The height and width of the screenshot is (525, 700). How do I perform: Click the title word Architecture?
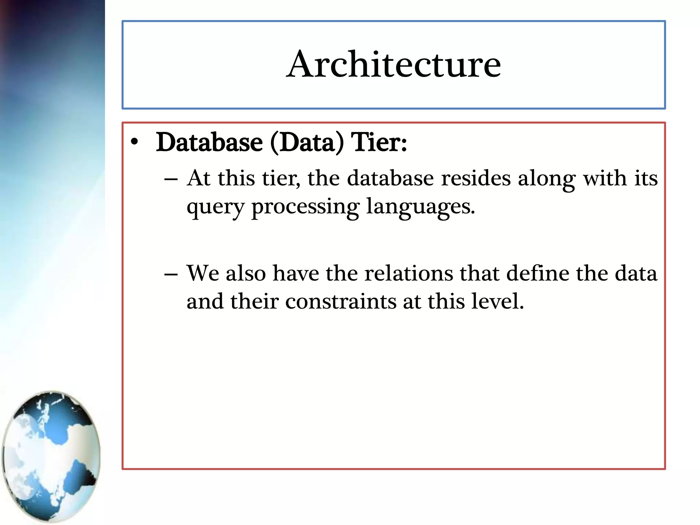(393, 64)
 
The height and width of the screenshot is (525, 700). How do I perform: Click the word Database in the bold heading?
(209, 143)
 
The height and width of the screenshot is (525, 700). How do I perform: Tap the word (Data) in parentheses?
(307, 143)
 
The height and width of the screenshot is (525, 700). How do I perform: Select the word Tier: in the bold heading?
(379, 143)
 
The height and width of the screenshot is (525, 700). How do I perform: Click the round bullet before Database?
(135, 143)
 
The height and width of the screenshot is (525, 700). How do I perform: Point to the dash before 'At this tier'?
(171, 179)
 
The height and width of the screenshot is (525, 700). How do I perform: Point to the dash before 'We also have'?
(171, 274)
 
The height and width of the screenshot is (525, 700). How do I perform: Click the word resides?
(475, 178)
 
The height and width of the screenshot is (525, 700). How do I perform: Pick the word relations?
(408, 273)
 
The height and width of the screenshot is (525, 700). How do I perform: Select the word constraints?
(341, 302)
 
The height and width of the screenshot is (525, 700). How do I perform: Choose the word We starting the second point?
(203, 273)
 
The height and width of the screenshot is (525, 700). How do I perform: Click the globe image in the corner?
(51, 456)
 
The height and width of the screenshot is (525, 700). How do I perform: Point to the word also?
(246, 273)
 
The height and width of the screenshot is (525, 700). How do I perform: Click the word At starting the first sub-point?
(199, 178)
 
